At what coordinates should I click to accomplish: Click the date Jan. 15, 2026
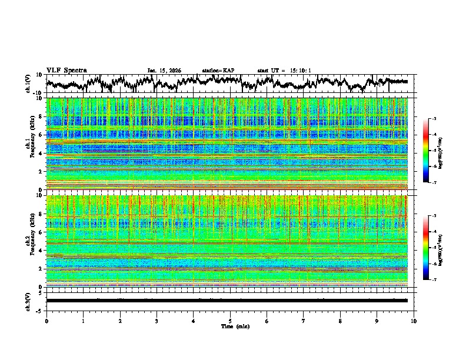click(x=164, y=71)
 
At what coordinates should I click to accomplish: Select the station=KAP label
click(x=218, y=71)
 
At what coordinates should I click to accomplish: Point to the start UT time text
click(x=284, y=71)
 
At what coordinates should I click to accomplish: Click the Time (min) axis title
click(x=230, y=326)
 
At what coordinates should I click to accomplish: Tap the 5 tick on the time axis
click(x=230, y=321)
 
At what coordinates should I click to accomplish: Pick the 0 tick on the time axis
click(x=46, y=321)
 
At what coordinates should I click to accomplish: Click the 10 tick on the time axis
click(x=414, y=321)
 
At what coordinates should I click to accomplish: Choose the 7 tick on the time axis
click(x=304, y=321)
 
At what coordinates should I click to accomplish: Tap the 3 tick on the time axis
click(x=157, y=321)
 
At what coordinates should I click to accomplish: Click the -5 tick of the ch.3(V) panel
click(x=39, y=309)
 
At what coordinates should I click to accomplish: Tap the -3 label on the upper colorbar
click(x=434, y=119)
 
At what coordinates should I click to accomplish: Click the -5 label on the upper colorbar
click(x=434, y=151)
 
